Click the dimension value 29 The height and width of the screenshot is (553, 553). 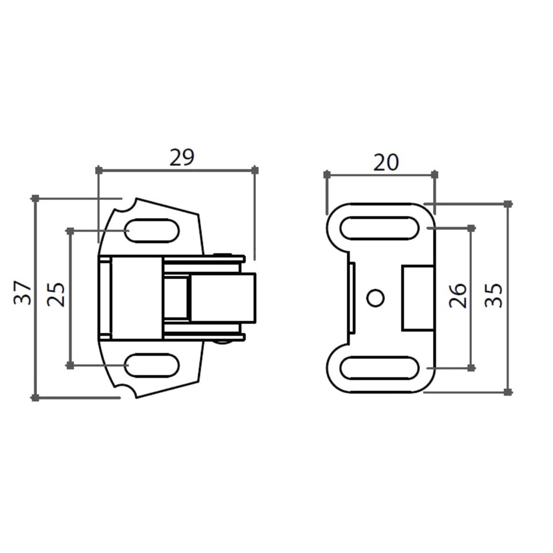click(182, 157)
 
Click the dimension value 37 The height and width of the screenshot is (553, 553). click(22, 293)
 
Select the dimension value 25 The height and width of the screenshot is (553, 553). click(56, 294)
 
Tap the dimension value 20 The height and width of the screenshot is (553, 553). click(386, 163)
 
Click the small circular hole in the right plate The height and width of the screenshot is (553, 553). click(376, 298)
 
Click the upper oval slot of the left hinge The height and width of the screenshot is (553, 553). click(152, 231)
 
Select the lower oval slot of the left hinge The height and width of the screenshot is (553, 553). click(152, 365)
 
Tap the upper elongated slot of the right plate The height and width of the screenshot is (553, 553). click(379, 228)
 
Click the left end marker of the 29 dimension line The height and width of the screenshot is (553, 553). click(99, 170)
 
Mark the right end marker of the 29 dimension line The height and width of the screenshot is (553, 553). click(255, 170)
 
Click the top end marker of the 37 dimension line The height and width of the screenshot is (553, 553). click(35, 198)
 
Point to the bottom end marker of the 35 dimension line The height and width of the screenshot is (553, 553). click(507, 392)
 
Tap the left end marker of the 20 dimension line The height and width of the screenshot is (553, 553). click(327, 174)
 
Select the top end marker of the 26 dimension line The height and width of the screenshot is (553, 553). click(471, 228)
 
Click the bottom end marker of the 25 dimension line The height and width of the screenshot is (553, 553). click(70, 365)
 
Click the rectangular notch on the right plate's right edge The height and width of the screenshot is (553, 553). click(418, 297)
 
